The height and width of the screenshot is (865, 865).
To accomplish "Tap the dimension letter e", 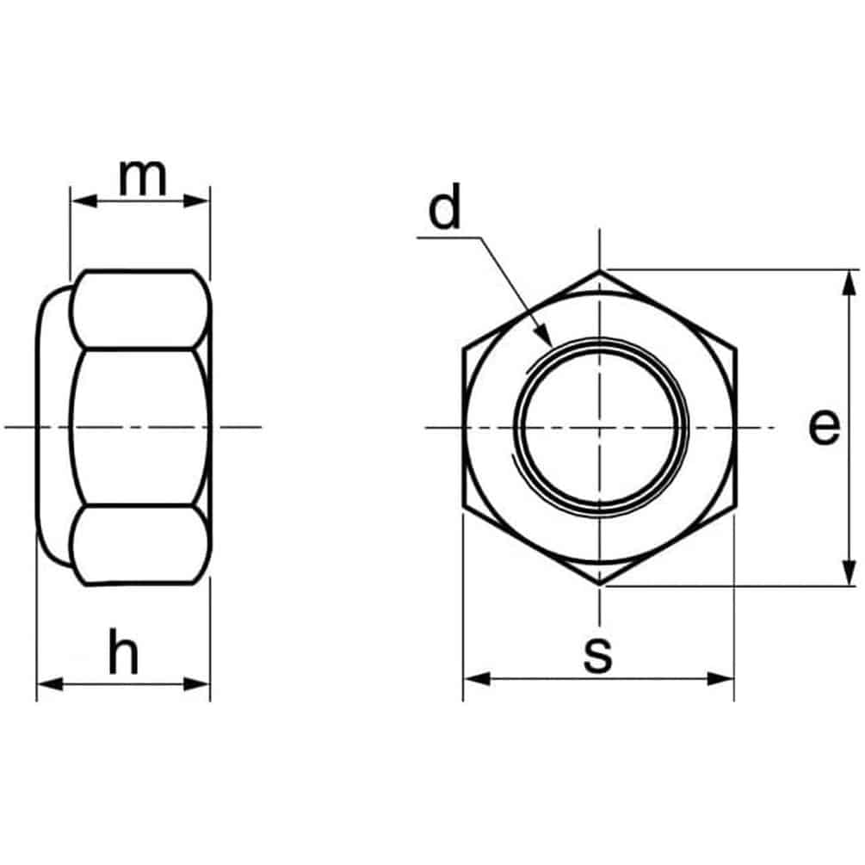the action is tap(825, 427).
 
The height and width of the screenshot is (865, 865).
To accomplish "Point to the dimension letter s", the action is tap(598, 655).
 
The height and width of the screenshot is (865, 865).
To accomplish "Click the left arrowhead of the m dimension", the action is tap(83, 201).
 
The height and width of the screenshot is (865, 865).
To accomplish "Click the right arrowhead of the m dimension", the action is tap(196, 201).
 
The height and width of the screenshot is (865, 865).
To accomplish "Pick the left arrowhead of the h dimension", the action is tap(50, 684).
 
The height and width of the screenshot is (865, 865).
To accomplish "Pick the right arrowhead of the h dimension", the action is tap(196, 684).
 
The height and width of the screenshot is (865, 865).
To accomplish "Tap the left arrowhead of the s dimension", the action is tap(477, 678).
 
